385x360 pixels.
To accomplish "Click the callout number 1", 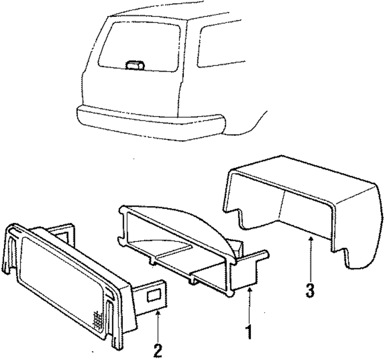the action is tap(250, 331).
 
